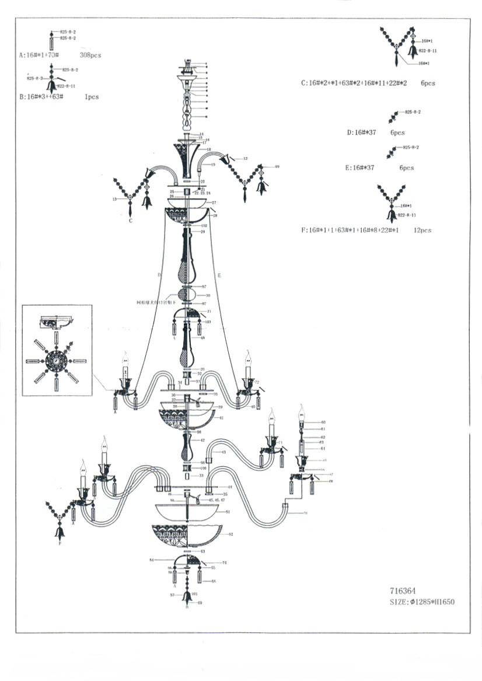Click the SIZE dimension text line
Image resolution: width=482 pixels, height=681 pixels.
(x=421, y=602)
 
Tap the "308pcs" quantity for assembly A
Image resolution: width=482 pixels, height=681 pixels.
(x=90, y=55)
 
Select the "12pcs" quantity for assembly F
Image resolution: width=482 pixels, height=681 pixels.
(x=421, y=231)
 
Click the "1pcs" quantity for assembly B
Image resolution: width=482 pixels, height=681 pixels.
(x=92, y=97)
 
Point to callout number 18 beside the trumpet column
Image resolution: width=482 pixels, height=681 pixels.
(x=208, y=150)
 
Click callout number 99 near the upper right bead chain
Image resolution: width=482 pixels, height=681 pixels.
(x=277, y=167)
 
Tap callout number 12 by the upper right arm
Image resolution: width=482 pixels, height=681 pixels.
(x=246, y=158)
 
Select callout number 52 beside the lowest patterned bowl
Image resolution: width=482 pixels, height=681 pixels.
(x=231, y=535)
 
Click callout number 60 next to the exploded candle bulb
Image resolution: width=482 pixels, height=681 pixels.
(x=323, y=422)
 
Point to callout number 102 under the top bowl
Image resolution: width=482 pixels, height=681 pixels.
(x=204, y=225)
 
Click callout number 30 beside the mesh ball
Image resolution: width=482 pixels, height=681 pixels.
(x=208, y=296)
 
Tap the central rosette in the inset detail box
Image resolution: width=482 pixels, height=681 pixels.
(x=57, y=361)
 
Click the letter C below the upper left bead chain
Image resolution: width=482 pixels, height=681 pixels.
(x=130, y=221)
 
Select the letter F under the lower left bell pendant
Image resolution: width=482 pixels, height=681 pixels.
(x=59, y=544)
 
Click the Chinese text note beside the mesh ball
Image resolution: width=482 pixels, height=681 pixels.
(x=156, y=303)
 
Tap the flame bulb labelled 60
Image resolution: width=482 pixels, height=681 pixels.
(x=302, y=413)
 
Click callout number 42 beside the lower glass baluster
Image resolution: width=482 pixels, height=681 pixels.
(x=202, y=441)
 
